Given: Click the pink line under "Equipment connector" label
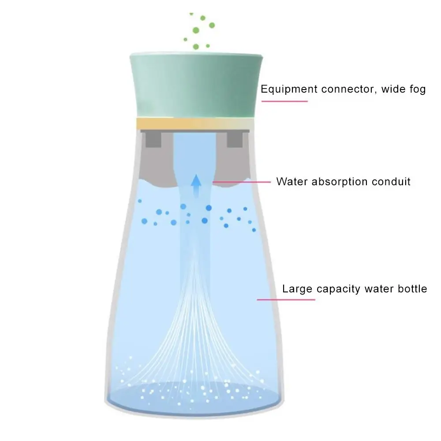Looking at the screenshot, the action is tap(284, 101).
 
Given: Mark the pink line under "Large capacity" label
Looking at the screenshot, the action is tap(286, 299).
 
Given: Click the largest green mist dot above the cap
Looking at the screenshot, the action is tap(195, 30).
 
